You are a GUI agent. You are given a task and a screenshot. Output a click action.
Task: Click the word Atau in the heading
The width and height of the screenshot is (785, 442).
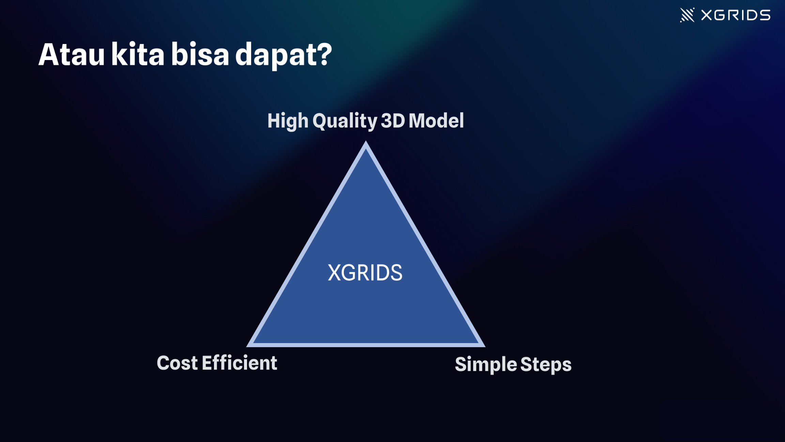72,55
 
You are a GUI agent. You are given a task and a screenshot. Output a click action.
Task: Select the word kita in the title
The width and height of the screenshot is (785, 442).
138,54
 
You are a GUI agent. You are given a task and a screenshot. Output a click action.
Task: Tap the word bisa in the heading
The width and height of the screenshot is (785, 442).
200,54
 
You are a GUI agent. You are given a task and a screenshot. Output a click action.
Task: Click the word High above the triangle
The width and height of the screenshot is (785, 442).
288,121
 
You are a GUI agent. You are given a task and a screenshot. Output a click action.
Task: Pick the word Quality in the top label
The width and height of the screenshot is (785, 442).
345,121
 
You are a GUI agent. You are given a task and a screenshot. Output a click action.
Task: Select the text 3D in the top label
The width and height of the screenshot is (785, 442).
393,121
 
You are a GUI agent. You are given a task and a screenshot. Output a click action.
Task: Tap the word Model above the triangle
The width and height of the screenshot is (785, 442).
436,120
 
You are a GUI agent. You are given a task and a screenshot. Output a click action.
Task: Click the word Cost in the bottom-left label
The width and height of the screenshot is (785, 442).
177,363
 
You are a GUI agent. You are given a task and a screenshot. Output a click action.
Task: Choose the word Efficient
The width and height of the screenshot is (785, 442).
240,363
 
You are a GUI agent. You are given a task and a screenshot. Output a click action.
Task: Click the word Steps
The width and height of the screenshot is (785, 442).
546,365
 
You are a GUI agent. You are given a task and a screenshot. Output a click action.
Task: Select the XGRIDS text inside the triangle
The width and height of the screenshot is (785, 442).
365,273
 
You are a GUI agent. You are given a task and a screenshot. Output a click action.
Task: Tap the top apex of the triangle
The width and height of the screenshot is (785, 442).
366,141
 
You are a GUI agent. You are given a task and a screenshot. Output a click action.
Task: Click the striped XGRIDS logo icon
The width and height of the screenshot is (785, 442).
687,15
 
